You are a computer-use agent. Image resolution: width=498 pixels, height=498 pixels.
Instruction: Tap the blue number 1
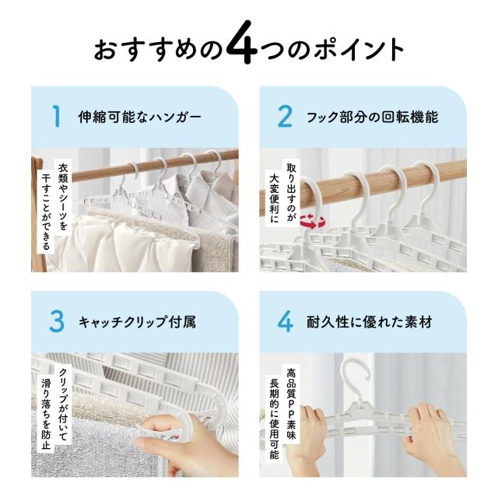click(57, 117)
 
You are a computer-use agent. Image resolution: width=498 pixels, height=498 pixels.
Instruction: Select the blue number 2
click(285, 117)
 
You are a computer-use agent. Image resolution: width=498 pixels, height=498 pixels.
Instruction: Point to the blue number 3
click(57, 321)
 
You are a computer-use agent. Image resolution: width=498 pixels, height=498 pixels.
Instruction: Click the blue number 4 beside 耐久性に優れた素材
click(286, 321)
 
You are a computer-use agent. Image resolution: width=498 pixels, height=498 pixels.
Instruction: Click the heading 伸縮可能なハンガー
click(140, 117)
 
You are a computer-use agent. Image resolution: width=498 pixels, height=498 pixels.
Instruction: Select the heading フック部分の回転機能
click(372, 117)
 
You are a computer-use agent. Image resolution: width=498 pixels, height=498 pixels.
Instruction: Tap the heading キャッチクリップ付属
click(137, 322)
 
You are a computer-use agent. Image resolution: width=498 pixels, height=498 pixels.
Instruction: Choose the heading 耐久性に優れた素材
click(369, 322)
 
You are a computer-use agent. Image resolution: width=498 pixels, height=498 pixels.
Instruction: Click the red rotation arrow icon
click(313, 221)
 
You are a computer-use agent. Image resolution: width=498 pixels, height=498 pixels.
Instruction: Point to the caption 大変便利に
click(274, 198)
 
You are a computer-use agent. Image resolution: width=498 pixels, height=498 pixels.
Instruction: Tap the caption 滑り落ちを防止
click(46, 413)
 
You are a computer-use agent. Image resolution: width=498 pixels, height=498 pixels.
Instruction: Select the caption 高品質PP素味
click(291, 403)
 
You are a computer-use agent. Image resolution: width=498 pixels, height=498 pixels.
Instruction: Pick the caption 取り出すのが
click(291, 192)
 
